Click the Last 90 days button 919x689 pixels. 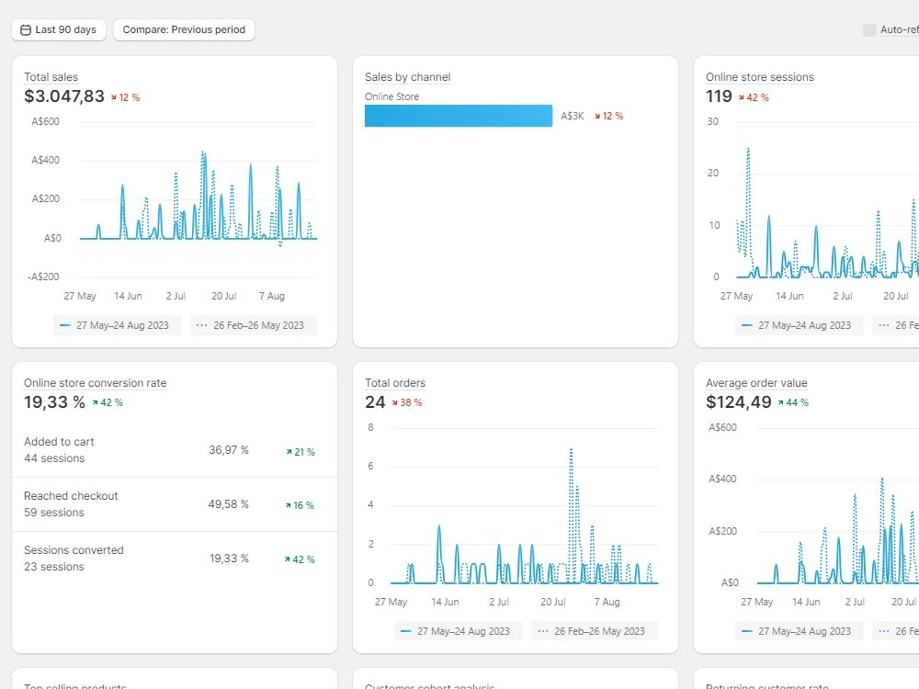point(59,29)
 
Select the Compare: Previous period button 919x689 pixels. point(184,29)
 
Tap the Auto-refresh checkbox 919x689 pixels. point(869,30)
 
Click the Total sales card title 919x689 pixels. point(51,77)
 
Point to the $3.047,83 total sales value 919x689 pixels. point(64,96)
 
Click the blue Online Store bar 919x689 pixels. point(459,116)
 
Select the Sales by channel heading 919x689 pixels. point(407,77)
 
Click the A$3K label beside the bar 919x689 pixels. point(572,116)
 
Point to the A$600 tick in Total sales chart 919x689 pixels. point(45,121)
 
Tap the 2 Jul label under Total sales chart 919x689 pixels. point(176,296)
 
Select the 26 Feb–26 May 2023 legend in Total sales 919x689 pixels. point(254,325)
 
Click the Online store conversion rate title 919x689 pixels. point(95,383)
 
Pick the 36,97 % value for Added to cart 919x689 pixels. point(229,450)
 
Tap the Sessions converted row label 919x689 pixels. point(74,550)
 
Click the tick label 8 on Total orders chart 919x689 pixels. point(370,427)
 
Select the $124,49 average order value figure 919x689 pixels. point(739,402)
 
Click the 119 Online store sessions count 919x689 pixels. point(719,96)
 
